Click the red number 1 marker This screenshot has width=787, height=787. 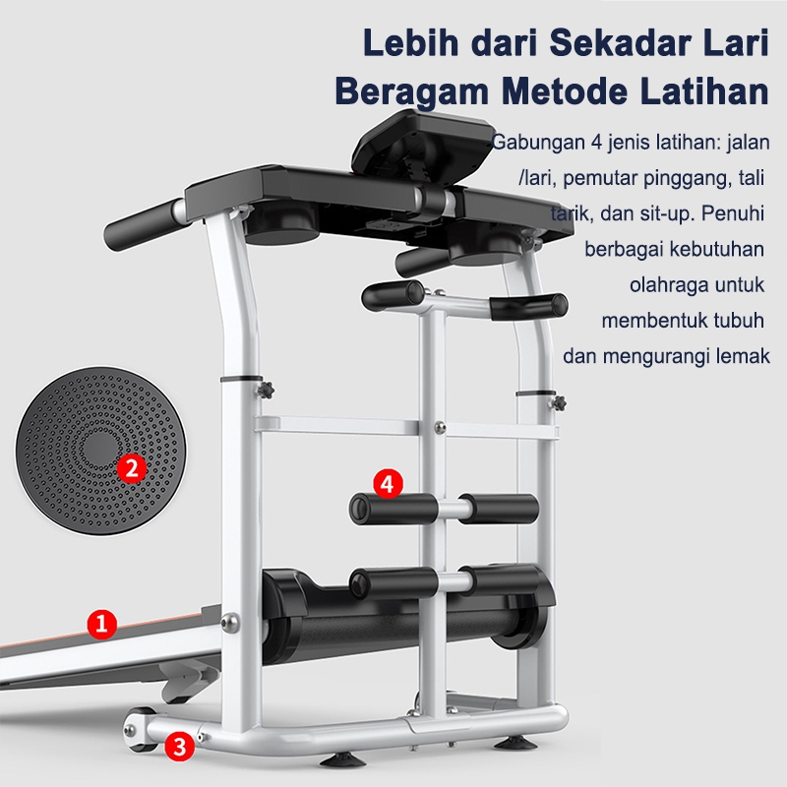102,622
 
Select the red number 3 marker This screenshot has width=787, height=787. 178,746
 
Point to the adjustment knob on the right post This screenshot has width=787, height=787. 560,403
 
